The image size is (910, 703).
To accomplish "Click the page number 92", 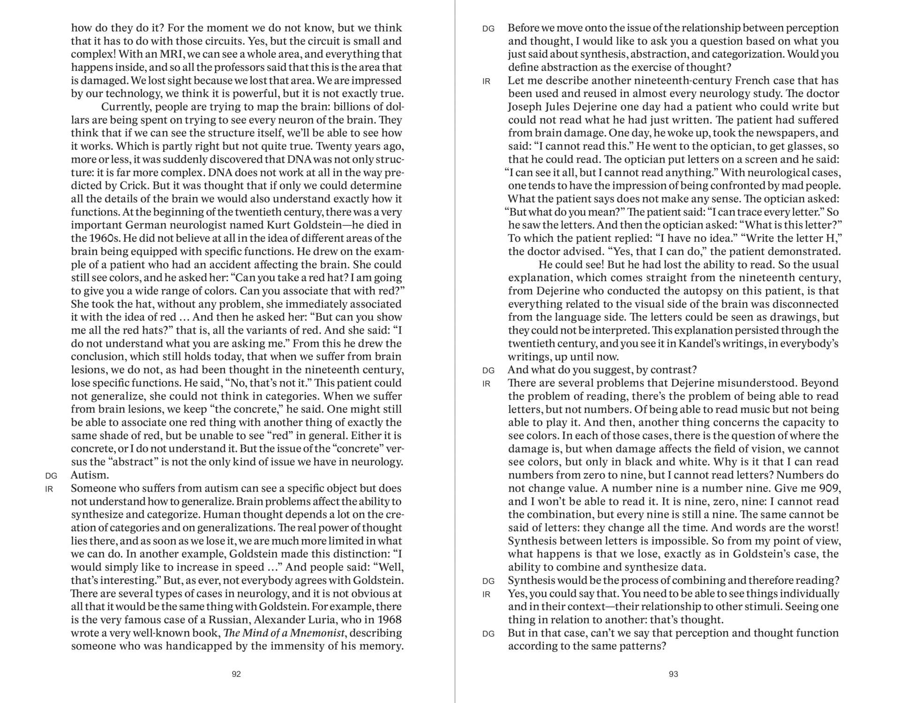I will click(x=236, y=674).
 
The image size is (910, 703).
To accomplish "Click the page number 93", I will click(x=673, y=674).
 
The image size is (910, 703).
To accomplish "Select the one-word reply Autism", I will click(x=90, y=475).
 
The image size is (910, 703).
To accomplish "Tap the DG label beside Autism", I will click(x=51, y=476).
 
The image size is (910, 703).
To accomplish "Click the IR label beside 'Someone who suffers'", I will click(x=49, y=489).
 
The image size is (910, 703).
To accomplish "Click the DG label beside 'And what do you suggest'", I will click(x=488, y=371).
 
